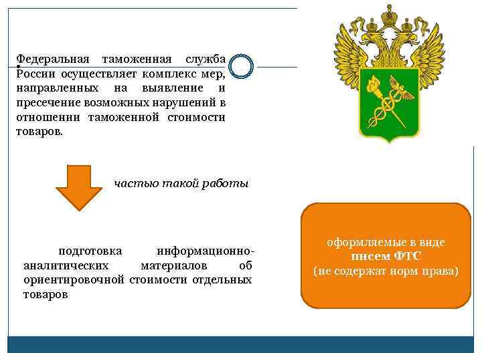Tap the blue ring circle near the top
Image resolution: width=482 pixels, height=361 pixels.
240,66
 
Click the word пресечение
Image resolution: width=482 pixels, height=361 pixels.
48,102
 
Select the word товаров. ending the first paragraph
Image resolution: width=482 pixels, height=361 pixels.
39,131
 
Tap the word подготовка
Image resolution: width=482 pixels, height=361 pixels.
90,251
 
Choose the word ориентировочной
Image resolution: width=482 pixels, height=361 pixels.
74,279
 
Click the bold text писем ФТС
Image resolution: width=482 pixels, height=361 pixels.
386,257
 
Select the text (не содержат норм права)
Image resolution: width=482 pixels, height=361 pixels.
386,271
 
